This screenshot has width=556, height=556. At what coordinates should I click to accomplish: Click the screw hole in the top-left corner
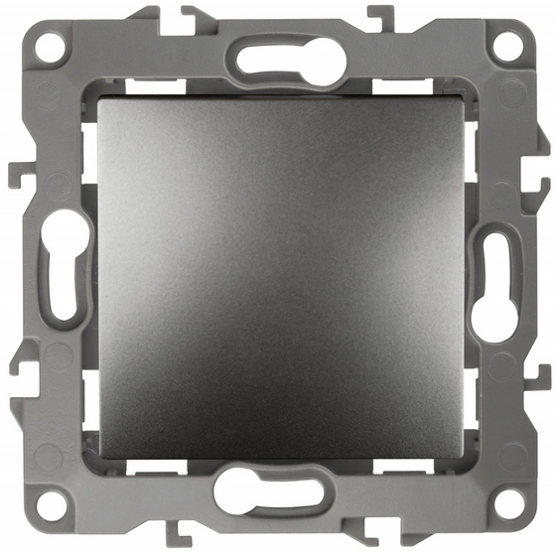47,46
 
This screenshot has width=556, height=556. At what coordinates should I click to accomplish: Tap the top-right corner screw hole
506,45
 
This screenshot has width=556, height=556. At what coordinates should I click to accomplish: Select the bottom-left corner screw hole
47,504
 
